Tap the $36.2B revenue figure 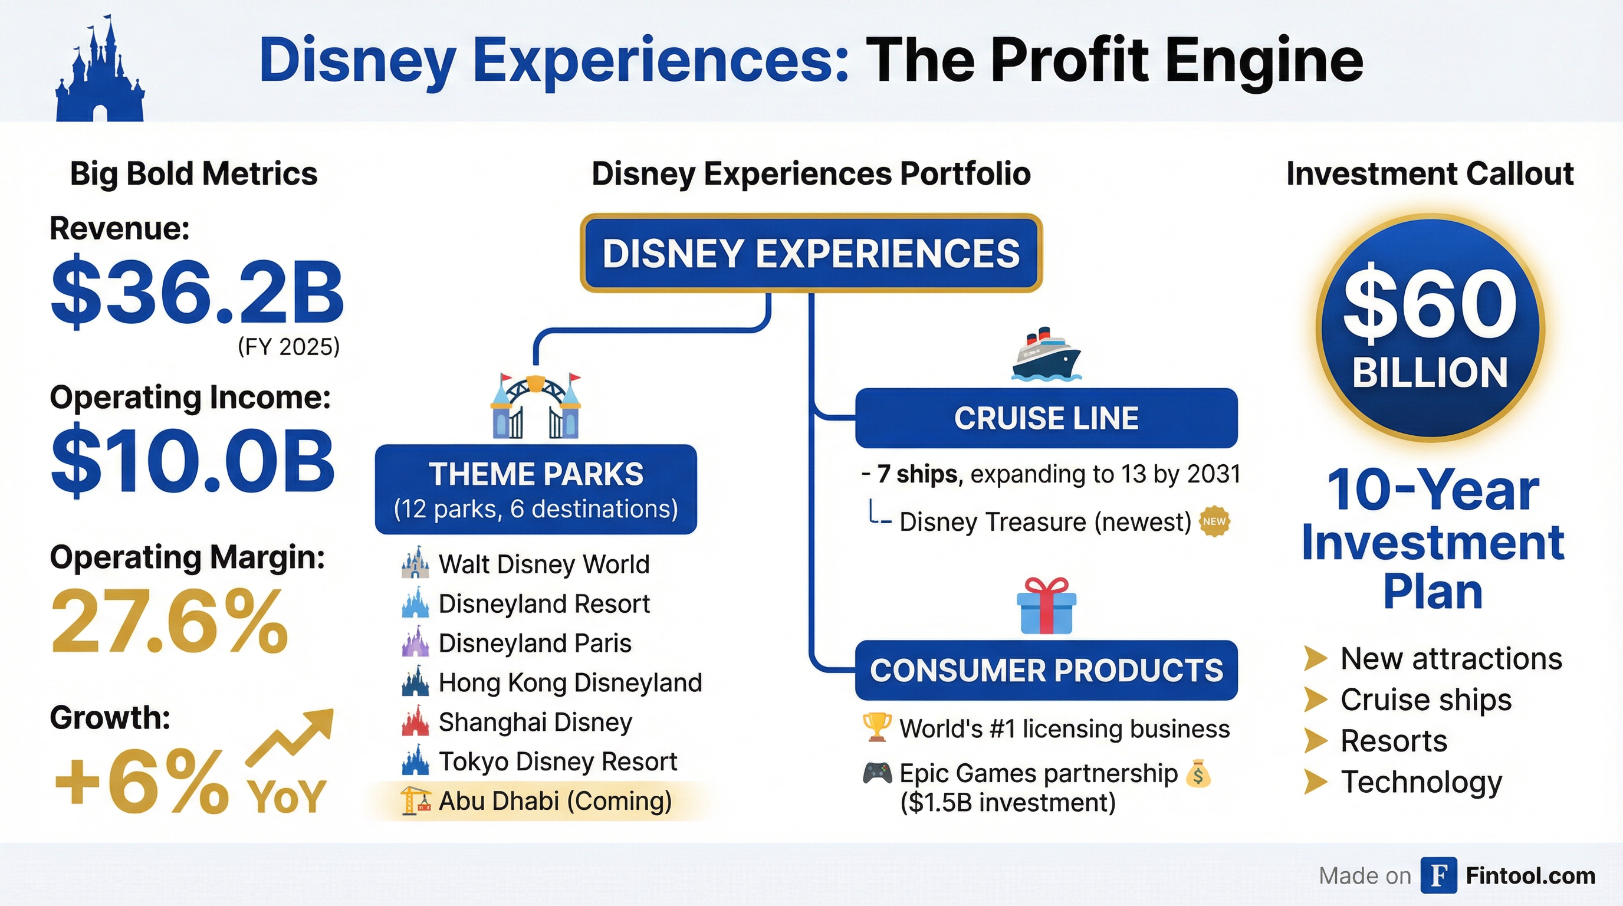coord(197,294)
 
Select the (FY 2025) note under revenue coord(288,346)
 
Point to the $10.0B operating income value coord(193,462)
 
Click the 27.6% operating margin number coord(169,622)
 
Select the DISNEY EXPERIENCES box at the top coord(811,253)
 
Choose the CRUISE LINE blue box coord(1046,418)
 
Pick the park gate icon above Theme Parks coord(535,406)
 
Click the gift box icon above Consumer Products coord(1046,605)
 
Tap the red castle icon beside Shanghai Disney coord(415,722)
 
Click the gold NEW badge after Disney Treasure coord(1214,521)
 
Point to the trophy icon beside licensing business coord(876,728)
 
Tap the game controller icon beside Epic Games coord(877,773)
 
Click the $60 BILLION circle coord(1430,327)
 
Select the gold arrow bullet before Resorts coord(1316,740)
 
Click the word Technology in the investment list coord(1421,782)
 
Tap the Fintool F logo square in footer coord(1438,875)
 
